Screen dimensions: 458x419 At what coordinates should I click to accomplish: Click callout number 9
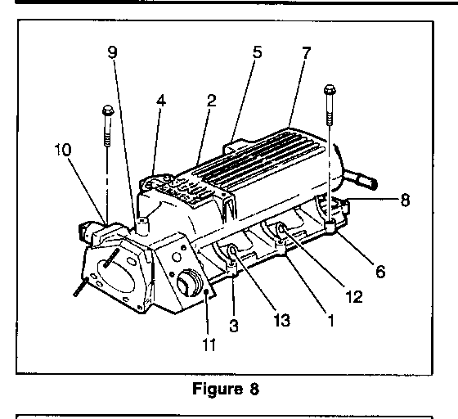click(113, 52)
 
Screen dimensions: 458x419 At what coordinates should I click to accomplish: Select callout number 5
click(257, 52)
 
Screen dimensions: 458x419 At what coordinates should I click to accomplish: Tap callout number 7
click(306, 52)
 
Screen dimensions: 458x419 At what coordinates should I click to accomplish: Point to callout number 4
click(161, 101)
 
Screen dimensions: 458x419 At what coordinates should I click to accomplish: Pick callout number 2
click(211, 100)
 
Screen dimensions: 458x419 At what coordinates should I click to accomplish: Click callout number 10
click(63, 150)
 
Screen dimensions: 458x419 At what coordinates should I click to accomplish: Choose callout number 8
click(405, 200)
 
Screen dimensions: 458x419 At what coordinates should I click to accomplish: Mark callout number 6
click(380, 272)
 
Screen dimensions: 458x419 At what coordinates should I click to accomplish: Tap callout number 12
click(354, 297)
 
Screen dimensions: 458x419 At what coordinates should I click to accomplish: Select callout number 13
click(282, 320)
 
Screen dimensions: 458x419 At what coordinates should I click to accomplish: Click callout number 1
click(331, 320)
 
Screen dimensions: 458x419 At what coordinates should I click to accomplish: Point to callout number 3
click(234, 326)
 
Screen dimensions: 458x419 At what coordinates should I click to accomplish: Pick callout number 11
click(209, 345)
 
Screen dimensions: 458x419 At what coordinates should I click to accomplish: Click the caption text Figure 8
click(226, 389)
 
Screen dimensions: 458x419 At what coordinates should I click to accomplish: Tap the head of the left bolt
click(108, 110)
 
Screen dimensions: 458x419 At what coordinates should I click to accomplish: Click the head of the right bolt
click(330, 89)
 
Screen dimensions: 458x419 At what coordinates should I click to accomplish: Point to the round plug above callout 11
click(188, 283)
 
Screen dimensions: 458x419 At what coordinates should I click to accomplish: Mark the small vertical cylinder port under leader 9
click(142, 225)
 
